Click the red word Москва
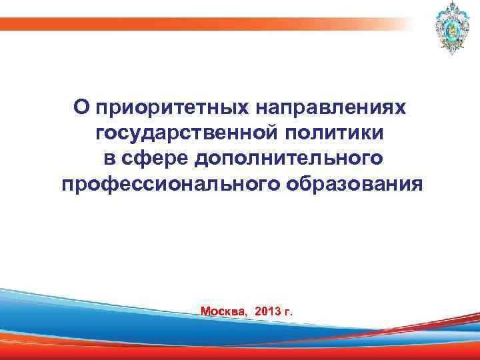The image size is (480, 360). coord(223,311)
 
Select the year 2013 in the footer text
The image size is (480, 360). coord(268,311)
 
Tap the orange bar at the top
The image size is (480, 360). coord(200,25)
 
